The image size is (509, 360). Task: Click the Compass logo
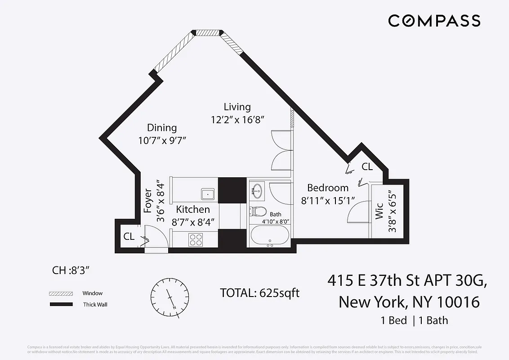434,21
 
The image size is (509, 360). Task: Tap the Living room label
237,107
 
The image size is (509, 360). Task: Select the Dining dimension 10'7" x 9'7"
162,140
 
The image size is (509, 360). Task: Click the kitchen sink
208,194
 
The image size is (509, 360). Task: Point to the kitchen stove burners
196,240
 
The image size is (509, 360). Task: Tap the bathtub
269,236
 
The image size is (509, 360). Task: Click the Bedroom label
328,188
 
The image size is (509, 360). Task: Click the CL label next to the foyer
129,237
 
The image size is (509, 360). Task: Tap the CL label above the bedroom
367,166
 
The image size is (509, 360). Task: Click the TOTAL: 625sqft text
259,293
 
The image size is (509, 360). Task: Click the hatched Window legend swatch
61,293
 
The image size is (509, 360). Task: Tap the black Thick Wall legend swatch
61,305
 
